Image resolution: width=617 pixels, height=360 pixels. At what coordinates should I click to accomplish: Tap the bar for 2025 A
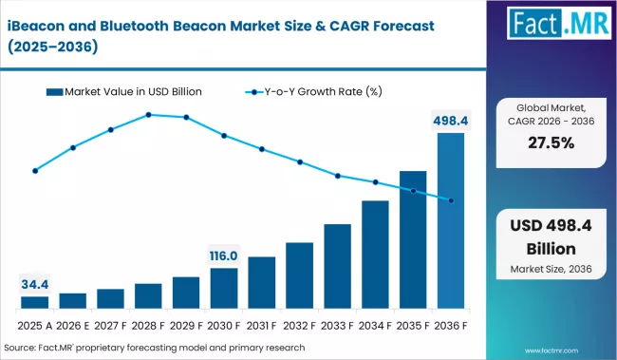34,302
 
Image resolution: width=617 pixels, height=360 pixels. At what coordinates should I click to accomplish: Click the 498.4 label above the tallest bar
451,121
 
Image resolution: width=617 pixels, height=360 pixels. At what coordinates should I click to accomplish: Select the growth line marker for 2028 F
149,115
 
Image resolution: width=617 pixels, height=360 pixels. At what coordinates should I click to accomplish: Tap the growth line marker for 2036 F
451,200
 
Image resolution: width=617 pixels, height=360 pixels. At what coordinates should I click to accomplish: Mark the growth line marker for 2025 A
35,171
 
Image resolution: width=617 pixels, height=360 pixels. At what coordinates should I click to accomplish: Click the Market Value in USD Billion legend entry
129,91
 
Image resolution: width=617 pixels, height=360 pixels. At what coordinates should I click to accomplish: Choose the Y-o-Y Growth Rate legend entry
313,91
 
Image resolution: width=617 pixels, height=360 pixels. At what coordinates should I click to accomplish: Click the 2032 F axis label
299,325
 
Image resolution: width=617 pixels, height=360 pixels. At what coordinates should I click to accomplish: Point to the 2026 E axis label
72,325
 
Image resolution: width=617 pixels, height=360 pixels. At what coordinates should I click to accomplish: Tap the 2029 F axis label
186,325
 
